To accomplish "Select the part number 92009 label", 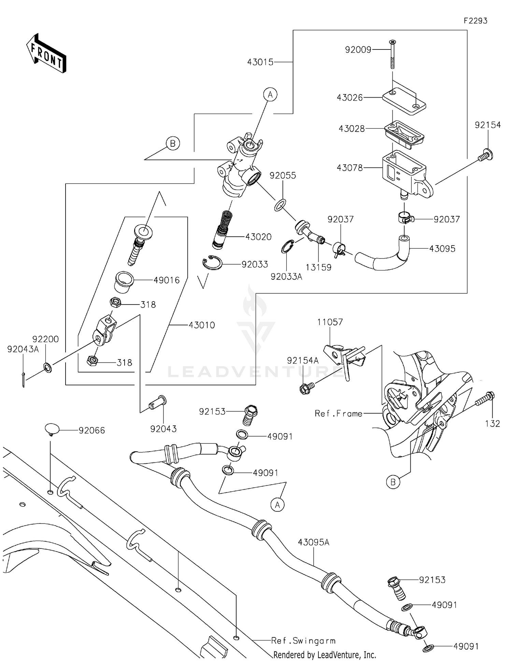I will click(x=358, y=50).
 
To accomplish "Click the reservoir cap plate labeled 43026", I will click(x=404, y=100).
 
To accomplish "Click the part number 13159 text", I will click(x=318, y=267).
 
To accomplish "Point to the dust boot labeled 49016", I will click(x=124, y=281).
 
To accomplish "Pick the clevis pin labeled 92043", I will click(x=158, y=403).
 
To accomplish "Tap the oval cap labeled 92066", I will click(x=52, y=429).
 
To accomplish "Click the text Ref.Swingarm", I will click(x=303, y=641).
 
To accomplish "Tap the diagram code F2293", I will click(x=475, y=21).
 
